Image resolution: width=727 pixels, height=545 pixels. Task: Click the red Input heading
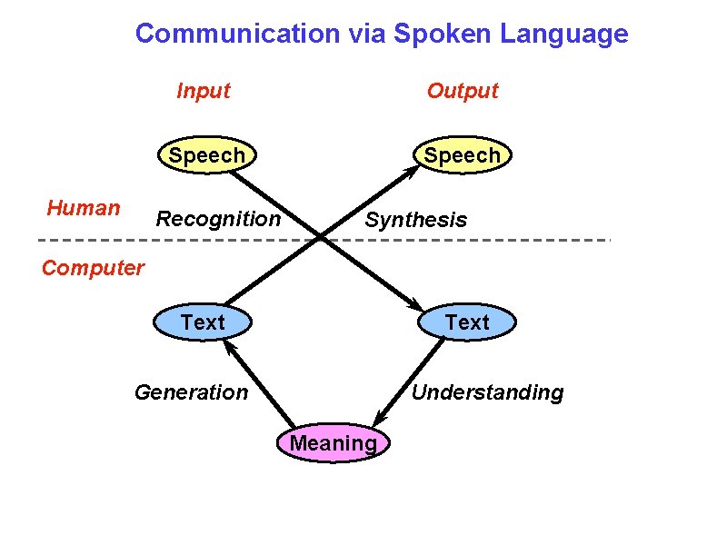(x=203, y=91)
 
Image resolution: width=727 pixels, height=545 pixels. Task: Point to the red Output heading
(x=463, y=91)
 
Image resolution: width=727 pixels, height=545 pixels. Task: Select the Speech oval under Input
(x=206, y=155)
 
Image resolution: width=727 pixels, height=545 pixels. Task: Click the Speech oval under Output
(x=462, y=155)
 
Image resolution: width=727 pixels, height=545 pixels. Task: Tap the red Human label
(x=84, y=208)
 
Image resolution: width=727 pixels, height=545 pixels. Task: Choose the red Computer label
(x=93, y=268)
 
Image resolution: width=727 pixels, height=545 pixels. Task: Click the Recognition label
(x=219, y=219)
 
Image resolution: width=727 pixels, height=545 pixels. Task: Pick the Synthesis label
(x=415, y=220)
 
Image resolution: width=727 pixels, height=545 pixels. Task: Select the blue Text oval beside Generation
(x=203, y=322)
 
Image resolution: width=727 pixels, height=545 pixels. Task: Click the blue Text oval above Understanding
(x=467, y=322)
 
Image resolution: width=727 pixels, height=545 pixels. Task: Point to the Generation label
(x=191, y=392)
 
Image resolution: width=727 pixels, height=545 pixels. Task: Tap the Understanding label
(x=487, y=392)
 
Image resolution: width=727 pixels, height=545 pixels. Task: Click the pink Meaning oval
(x=333, y=443)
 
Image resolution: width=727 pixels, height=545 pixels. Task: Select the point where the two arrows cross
(x=321, y=238)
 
